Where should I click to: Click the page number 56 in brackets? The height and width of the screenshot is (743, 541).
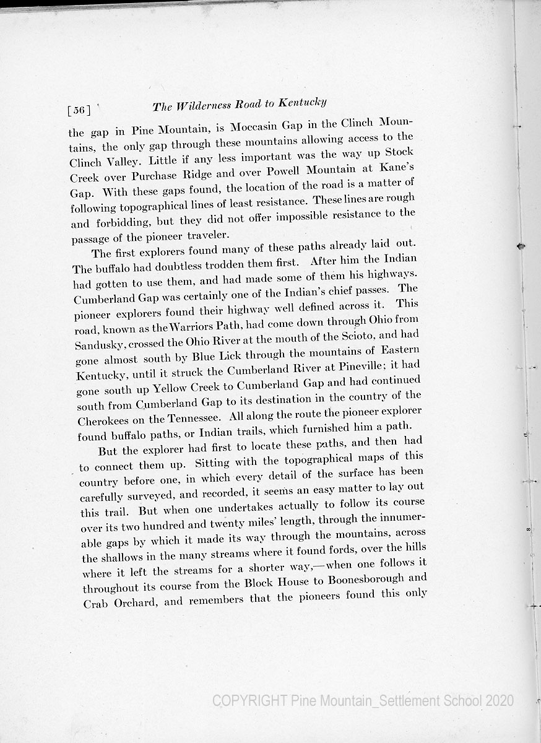tap(79, 111)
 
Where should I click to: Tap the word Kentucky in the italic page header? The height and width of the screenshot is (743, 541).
tap(303, 103)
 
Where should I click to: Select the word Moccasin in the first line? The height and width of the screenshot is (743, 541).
tap(256, 127)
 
